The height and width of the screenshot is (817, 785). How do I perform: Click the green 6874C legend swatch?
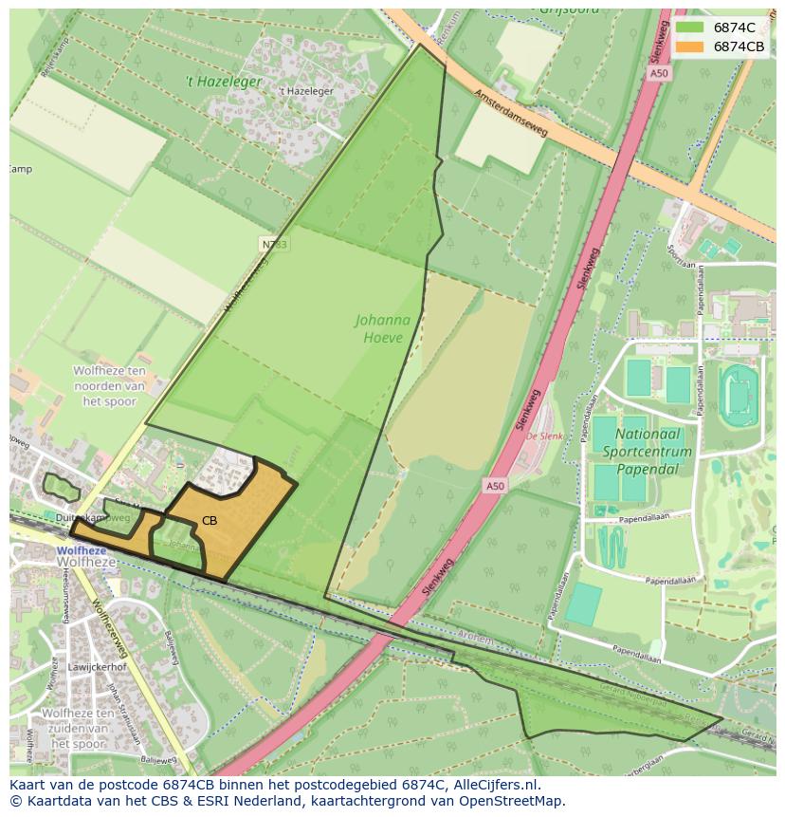[689, 28]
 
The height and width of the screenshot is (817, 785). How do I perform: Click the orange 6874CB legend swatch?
[689, 46]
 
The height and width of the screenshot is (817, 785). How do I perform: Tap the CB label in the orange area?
[210, 521]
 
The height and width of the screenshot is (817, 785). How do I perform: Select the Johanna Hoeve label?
[383, 328]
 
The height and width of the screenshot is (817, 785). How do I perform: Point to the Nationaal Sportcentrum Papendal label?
[653, 452]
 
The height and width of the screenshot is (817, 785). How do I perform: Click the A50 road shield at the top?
[660, 73]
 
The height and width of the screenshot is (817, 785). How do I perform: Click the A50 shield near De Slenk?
[494, 486]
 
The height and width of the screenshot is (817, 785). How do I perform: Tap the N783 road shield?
[273, 244]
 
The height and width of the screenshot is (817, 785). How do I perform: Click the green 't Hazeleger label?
[224, 83]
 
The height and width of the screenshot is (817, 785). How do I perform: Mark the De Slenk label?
[544, 436]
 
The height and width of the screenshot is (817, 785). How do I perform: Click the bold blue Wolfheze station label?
[82, 550]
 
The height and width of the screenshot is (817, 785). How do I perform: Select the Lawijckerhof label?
[93, 667]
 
